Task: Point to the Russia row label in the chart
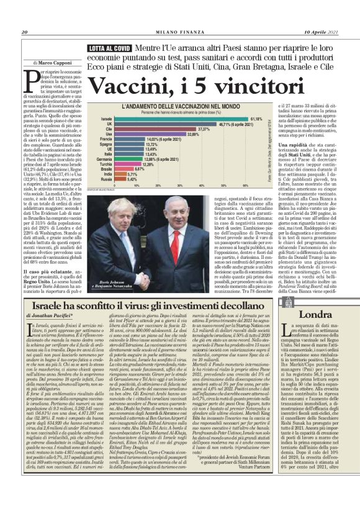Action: point(107,179)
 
